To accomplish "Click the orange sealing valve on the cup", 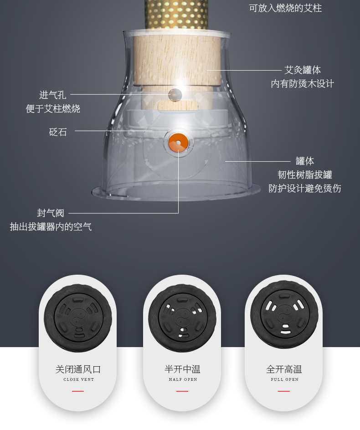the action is click(178, 142).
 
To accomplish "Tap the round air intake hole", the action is click(175, 95).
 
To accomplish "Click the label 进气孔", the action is click(53, 95).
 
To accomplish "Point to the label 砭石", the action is click(58, 132).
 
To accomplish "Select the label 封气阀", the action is click(51, 213).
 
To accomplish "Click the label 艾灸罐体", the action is click(303, 70).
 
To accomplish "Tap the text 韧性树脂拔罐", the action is click(304, 174).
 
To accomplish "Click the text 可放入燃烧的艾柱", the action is click(285, 8).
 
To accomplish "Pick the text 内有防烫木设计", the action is click(303, 84).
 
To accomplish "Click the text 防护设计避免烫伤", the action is click(304, 188).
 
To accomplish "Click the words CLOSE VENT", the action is click(79, 379).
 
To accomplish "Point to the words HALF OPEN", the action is click(183, 379).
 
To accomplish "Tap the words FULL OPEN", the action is click(284, 379).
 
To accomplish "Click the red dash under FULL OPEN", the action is click(284, 391).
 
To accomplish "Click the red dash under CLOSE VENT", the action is click(78, 391).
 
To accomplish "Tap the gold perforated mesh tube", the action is click(176, 14).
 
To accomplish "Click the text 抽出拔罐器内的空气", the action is click(51, 227).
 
